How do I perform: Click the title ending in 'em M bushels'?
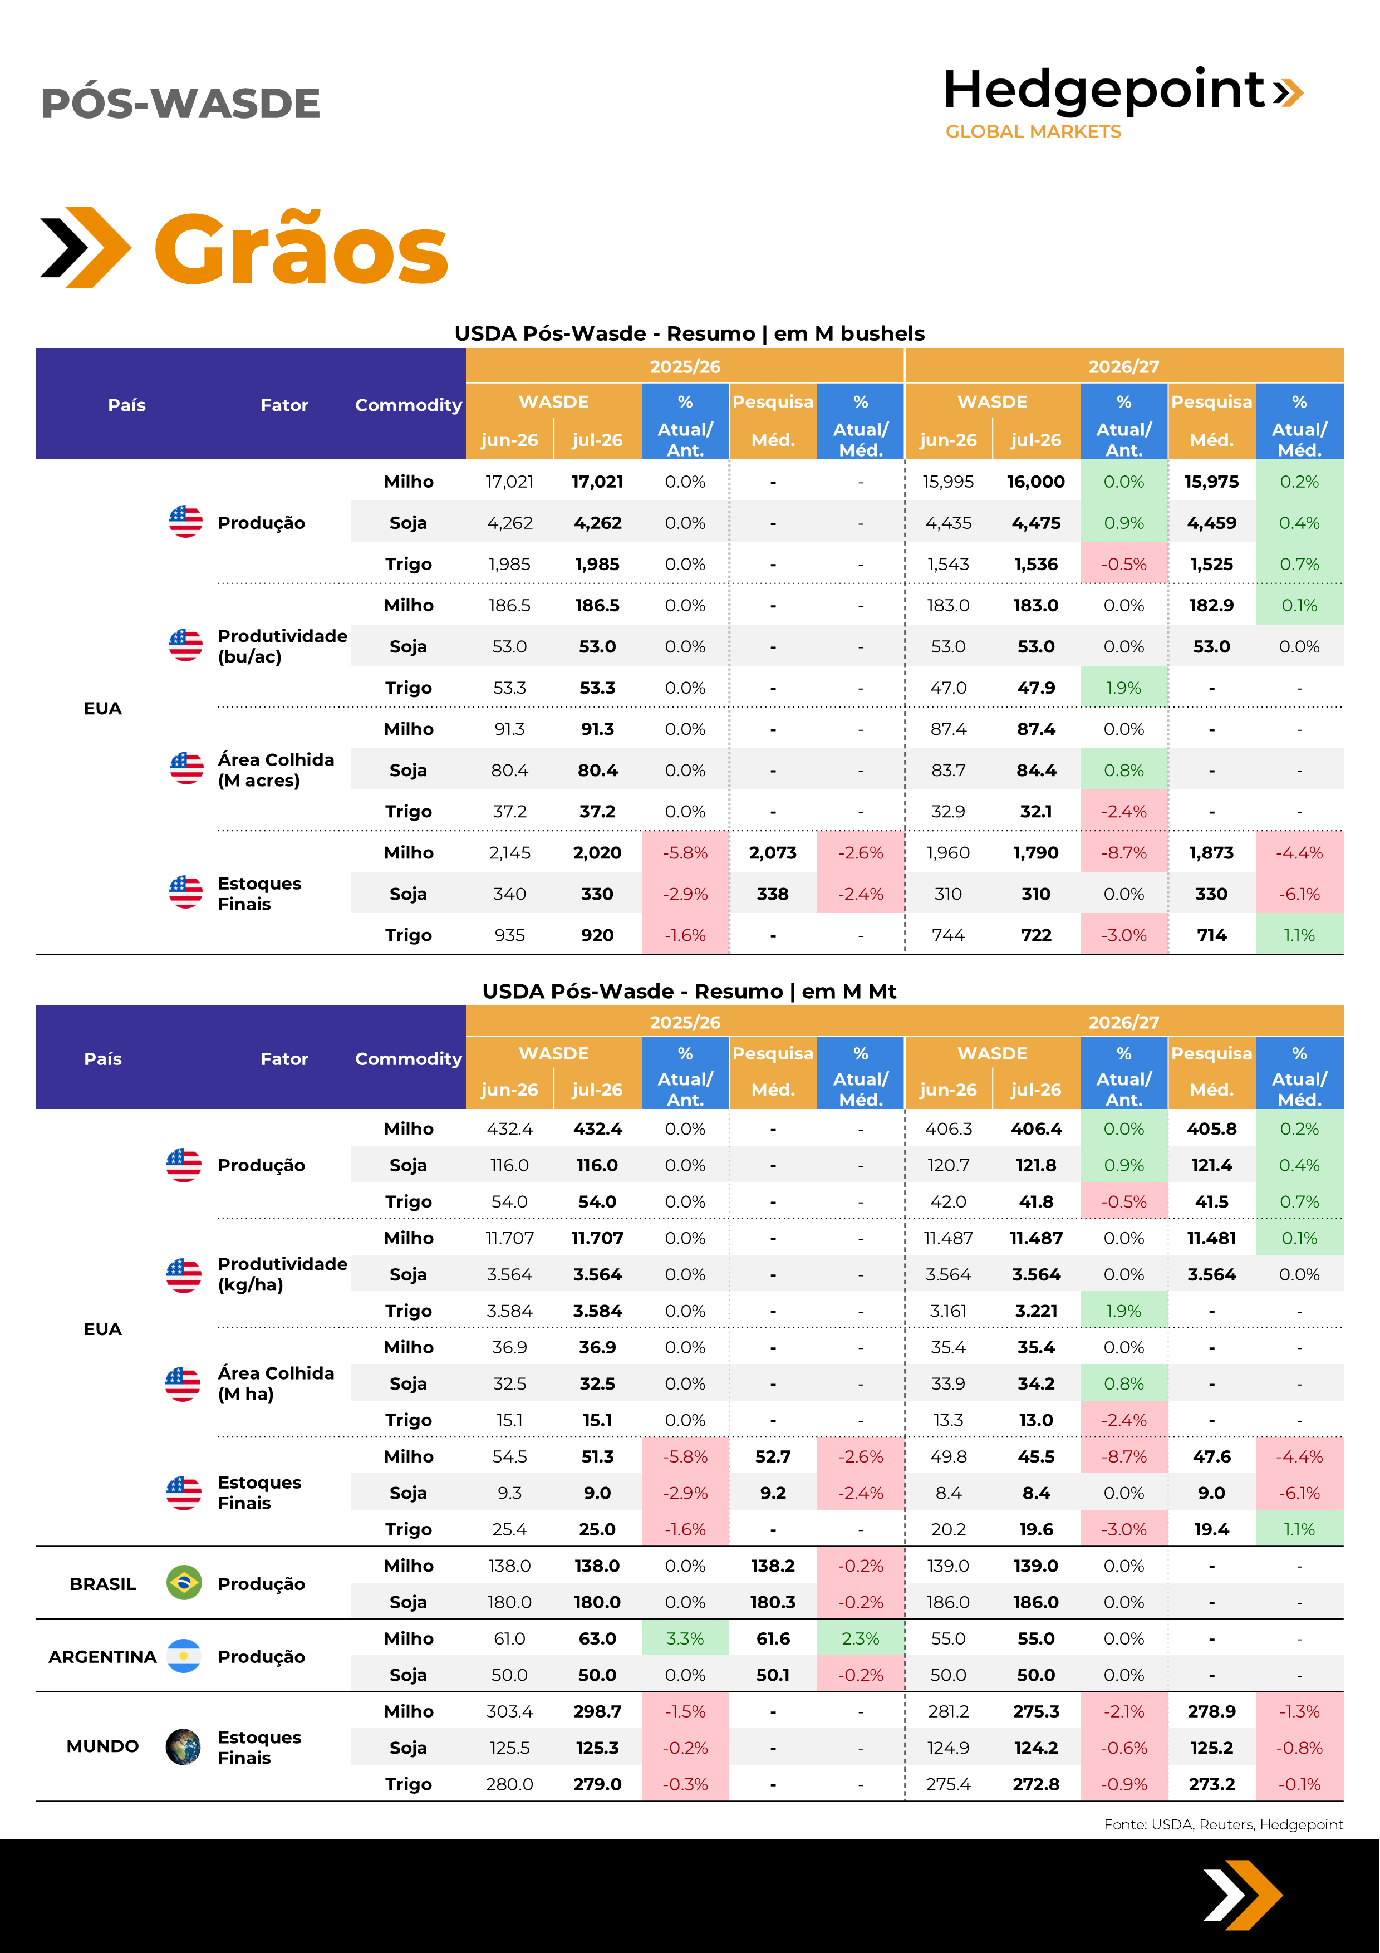690,333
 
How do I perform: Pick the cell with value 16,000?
1035,482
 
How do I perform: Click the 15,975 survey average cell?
1212,482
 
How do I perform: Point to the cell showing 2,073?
773,852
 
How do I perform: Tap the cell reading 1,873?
1212,852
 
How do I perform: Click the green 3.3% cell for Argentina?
685,1638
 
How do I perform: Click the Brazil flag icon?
184,1583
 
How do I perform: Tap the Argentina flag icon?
184,1656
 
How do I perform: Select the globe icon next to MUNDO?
184,1746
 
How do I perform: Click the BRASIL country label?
103,1584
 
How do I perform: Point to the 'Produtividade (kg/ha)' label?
282,1274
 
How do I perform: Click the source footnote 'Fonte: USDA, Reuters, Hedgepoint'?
1224,1824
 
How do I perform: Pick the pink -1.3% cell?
1299,1711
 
